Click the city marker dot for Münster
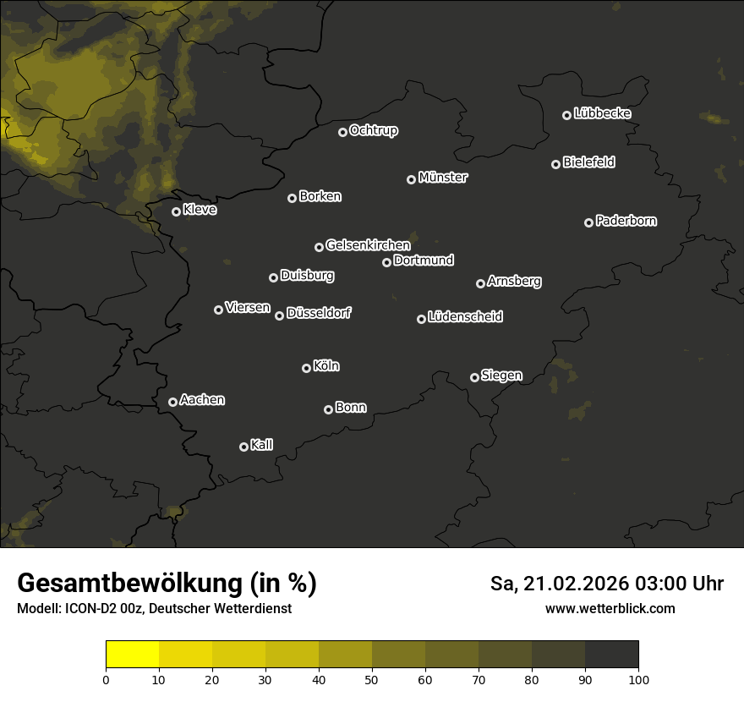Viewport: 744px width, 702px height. coord(412,179)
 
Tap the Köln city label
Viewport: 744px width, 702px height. coord(326,366)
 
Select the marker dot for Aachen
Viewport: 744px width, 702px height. coord(173,402)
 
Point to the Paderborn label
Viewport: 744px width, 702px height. coord(626,221)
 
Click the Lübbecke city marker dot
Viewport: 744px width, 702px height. coord(566,115)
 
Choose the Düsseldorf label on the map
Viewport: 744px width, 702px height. coord(319,313)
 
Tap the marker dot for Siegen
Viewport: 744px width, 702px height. coord(474,377)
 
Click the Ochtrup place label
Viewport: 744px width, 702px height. coord(374,130)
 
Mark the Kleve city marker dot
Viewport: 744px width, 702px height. coord(176,211)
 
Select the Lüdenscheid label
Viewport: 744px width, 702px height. coord(466,317)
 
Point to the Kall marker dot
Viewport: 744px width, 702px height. coord(243,447)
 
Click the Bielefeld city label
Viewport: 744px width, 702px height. coord(588,162)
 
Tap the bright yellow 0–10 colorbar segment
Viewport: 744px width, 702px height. coord(133,655)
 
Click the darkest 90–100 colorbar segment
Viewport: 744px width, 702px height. coord(611,655)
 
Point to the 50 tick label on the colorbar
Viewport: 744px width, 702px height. coord(372,679)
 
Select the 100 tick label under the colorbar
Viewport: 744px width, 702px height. coord(638,679)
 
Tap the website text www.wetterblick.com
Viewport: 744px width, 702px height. coord(610,608)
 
